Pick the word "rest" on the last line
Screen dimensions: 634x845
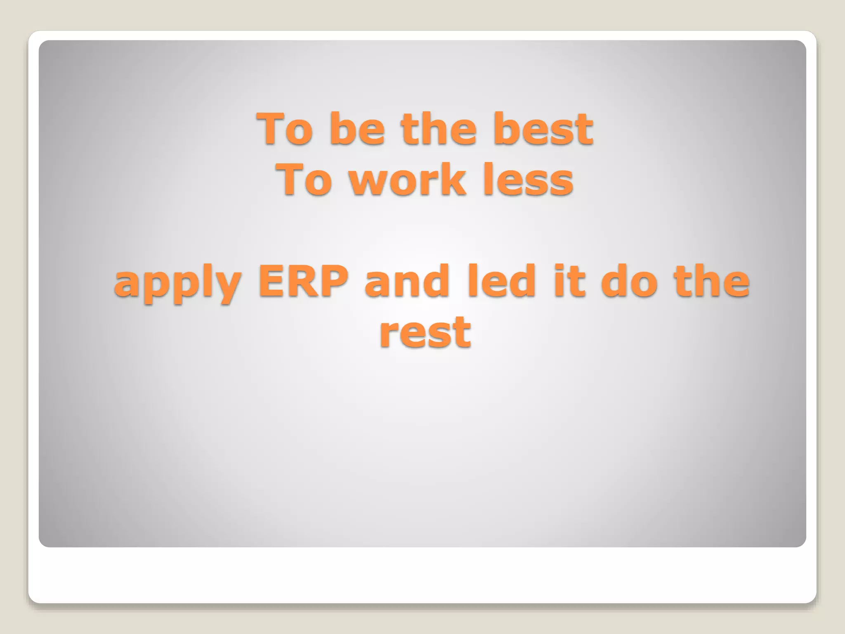[x=425, y=332]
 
